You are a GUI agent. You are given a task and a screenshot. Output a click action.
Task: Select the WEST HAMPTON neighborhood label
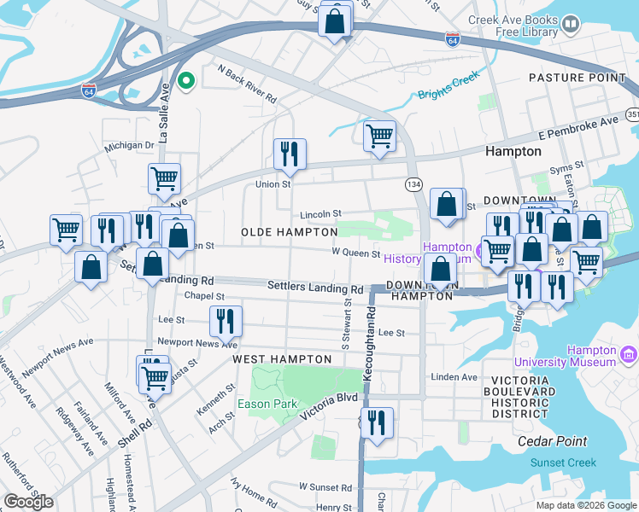(x=282, y=359)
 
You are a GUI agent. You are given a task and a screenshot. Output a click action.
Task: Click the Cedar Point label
(x=553, y=441)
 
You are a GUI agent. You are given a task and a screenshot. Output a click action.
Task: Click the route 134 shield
(x=413, y=184)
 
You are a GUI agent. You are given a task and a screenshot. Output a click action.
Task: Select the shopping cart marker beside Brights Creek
(x=378, y=136)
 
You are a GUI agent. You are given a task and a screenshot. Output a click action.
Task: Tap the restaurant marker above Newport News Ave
(x=226, y=321)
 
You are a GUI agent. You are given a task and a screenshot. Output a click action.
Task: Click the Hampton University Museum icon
(x=629, y=352)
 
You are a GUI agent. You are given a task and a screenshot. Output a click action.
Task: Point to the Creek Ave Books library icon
(x=571, y=26)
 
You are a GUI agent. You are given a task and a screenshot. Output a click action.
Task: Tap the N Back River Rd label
(x=247, y=85)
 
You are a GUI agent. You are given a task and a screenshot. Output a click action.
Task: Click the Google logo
(x=28, y=501)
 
